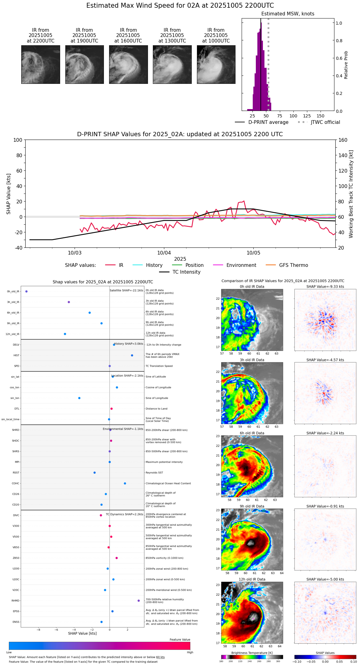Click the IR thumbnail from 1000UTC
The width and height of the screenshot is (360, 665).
(x=216, y=64)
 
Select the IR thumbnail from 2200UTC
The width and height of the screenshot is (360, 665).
(x=41, y=64)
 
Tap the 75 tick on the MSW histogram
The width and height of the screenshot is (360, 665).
(x=280, y=116)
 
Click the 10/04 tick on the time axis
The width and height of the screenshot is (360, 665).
(x=164, y=253)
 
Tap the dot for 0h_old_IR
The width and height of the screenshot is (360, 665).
(x=27, y=291)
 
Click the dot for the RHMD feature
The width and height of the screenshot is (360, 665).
(x=139, y=601)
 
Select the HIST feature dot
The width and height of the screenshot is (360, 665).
(x=132, y=355)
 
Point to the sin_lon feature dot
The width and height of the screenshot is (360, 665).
(x=79, y=398)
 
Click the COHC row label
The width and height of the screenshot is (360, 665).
(x=15, y=483)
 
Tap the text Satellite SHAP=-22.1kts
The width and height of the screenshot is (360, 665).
(x=126, y=291)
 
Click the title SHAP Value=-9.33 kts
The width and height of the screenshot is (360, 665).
(x=325, y=287)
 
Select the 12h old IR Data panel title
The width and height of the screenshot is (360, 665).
(x=252, y=579)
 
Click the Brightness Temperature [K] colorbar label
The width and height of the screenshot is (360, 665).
(x=252, y=653)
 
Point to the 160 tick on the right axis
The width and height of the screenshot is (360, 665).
(x=343, y=140)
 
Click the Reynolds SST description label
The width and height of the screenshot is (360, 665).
(x=154, y=473)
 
